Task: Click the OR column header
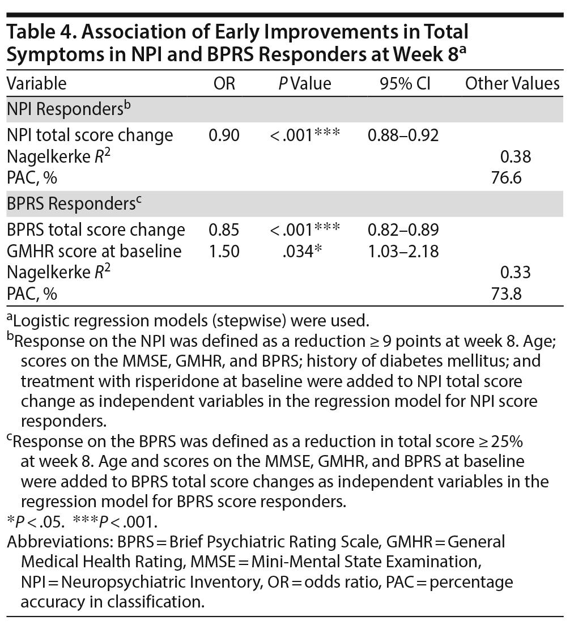pos(224,84)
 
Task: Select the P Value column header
pos(304,84)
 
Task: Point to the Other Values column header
pos(512,84)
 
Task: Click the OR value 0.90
pos(224,135)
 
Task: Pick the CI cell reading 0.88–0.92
pos(402,135)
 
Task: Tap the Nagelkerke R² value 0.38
pos(515,157)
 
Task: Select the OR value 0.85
pos(224,230)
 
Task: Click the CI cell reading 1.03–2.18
pos(402,251)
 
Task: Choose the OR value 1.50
pos(224,251)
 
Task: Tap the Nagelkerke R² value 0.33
pos(515,273)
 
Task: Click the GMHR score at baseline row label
pos(94,251)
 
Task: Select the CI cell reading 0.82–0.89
pos(402,230)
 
